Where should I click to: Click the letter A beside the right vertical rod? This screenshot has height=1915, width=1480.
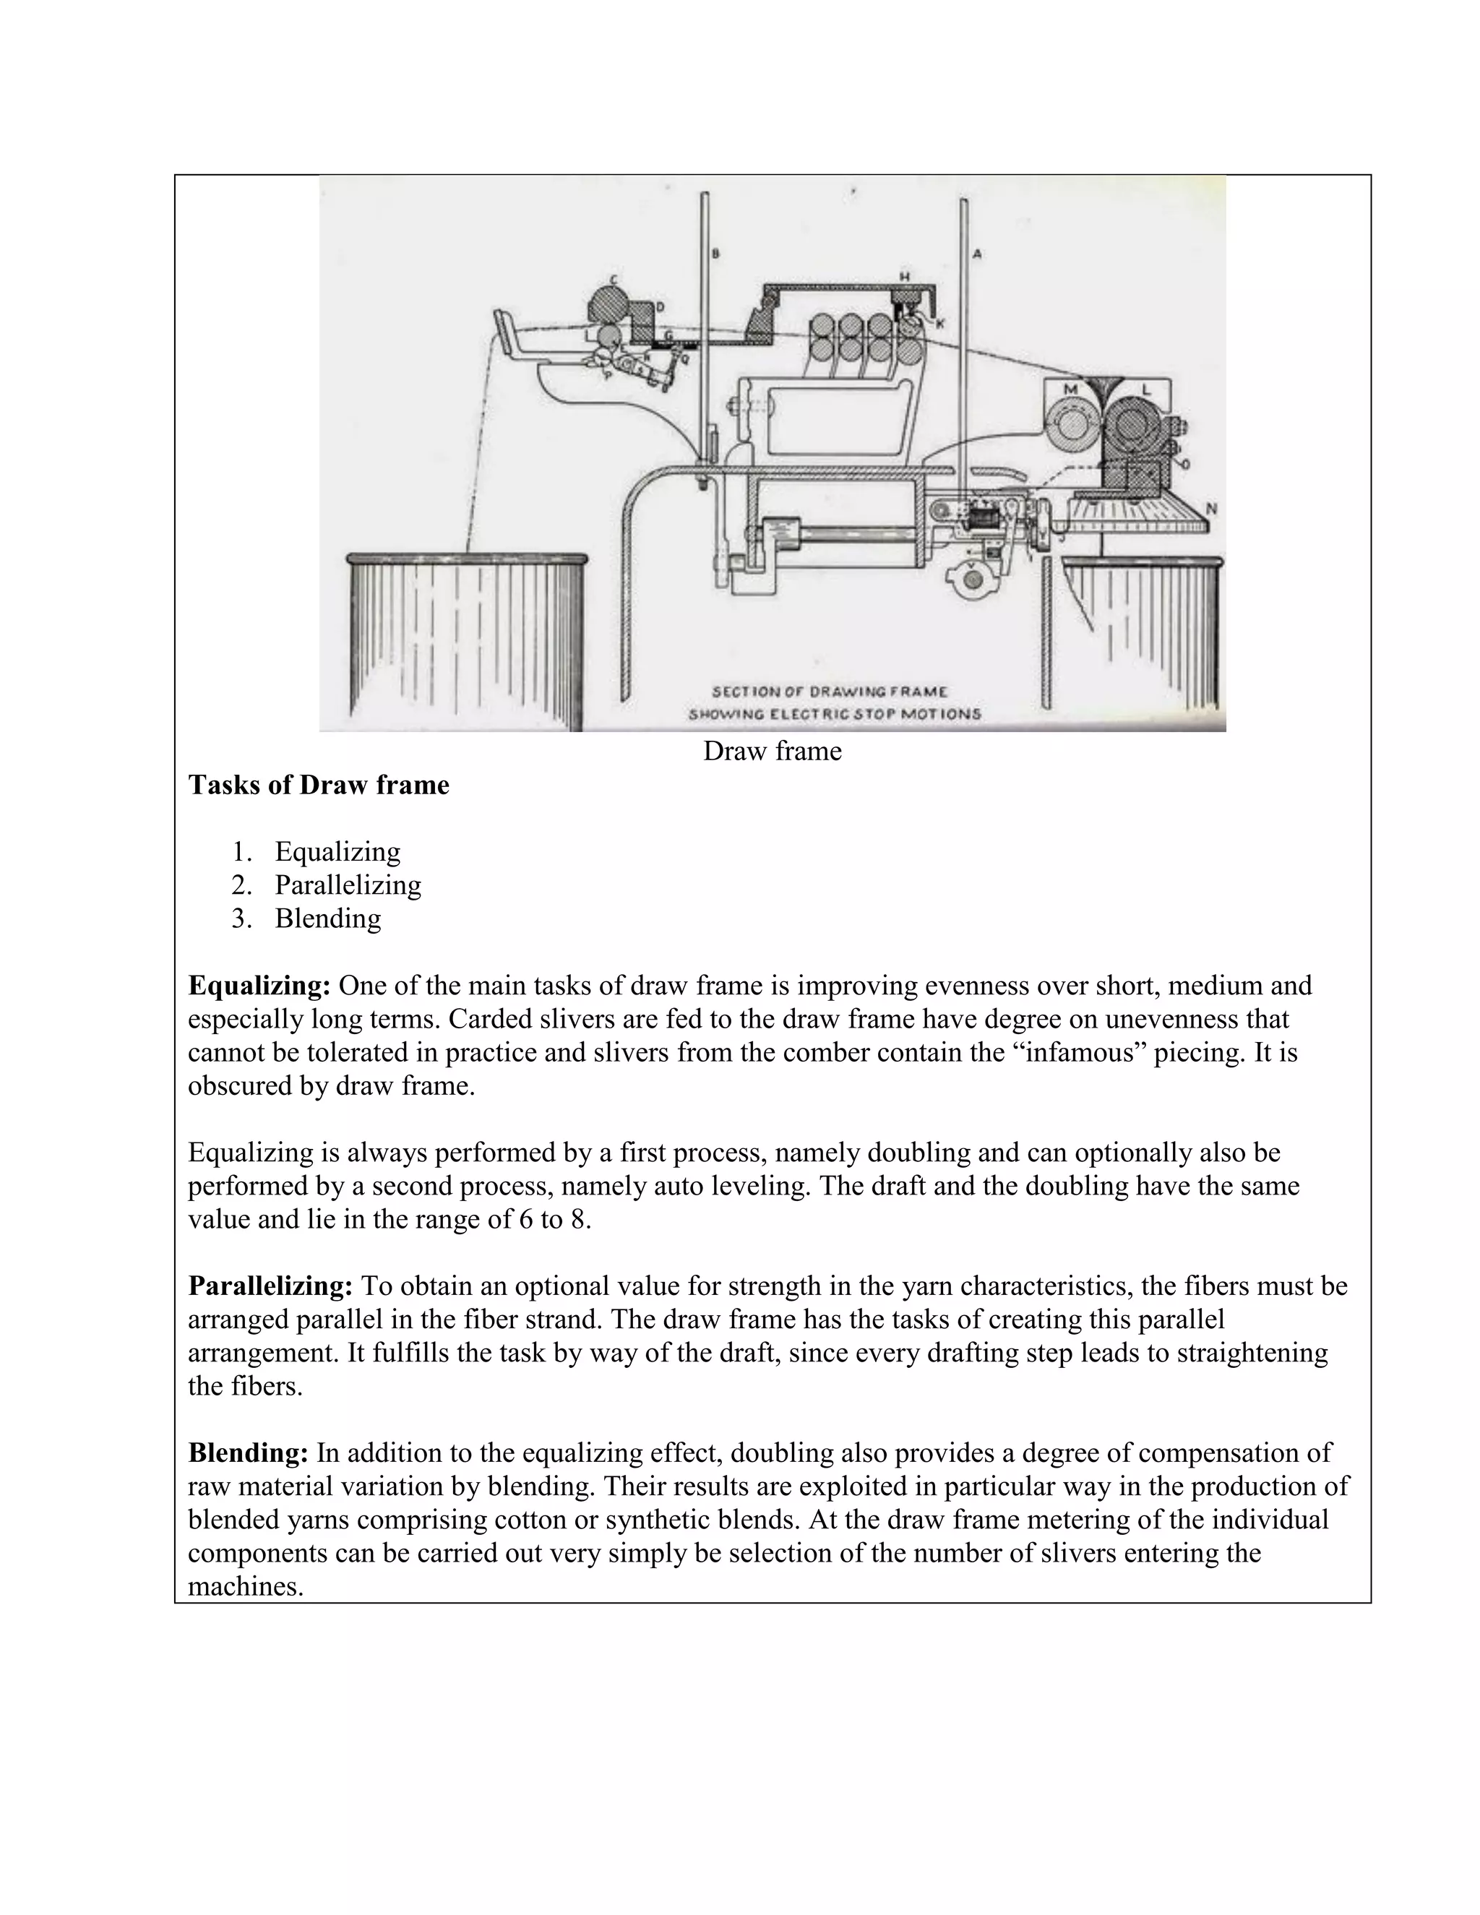point(977,254)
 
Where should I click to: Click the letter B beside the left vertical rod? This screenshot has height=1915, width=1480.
point(715,254)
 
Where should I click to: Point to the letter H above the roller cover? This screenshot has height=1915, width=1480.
point(904,276)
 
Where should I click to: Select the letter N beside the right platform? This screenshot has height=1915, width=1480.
point(1211,508)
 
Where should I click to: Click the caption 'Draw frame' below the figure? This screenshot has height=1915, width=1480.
point(772,752)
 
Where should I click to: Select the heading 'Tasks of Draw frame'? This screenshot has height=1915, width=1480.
point(318,785)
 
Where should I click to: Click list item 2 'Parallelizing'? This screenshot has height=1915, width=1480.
point(348,885)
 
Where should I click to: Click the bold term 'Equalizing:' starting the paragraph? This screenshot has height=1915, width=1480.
point(259,986)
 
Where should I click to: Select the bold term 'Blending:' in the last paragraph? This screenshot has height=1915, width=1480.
point(248,1453)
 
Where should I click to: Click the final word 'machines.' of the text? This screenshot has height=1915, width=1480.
point(246,1587)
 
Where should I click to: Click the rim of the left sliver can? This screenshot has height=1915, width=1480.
point(466,559)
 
